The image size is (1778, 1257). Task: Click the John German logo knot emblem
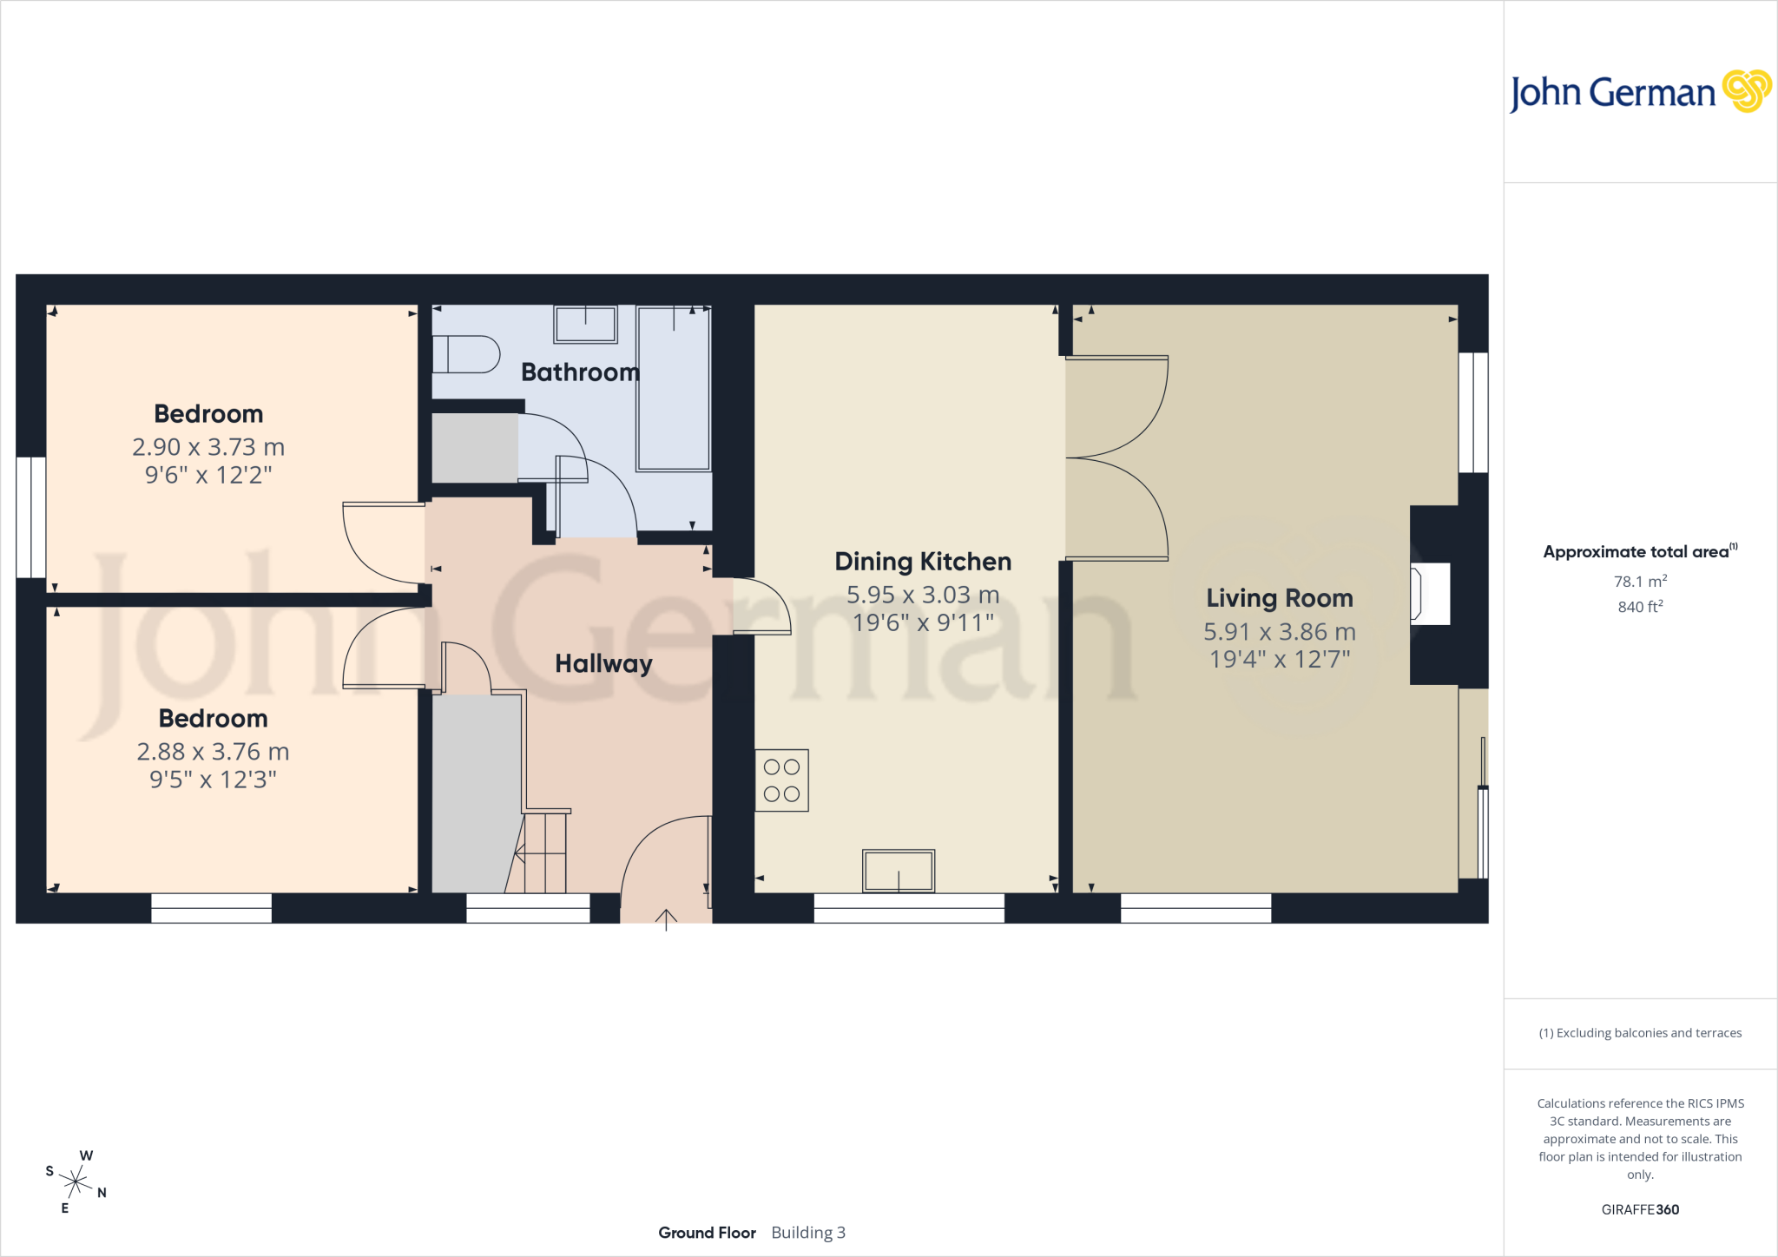1747,90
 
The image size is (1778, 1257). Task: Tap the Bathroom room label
580,372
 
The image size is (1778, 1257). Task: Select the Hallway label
603,664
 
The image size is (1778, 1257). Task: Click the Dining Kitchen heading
923,562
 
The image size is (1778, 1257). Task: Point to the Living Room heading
1280,598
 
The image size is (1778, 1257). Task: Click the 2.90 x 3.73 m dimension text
208,447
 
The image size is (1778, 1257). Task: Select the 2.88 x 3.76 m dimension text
213,752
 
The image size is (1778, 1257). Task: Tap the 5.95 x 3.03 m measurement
923,595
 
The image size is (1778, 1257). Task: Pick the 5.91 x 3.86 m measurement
1280,632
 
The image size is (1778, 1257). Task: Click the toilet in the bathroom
466,354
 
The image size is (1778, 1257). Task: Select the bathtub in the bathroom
674,388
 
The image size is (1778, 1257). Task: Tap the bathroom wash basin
586,325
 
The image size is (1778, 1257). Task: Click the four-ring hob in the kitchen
781,780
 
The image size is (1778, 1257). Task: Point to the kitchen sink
899,871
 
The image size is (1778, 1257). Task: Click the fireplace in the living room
1430,595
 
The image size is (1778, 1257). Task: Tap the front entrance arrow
666,919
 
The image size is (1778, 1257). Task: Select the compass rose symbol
76,1181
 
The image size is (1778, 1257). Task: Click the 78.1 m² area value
1640,581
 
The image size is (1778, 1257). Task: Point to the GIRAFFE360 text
1640,1209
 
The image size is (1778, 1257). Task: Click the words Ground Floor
707,1233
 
